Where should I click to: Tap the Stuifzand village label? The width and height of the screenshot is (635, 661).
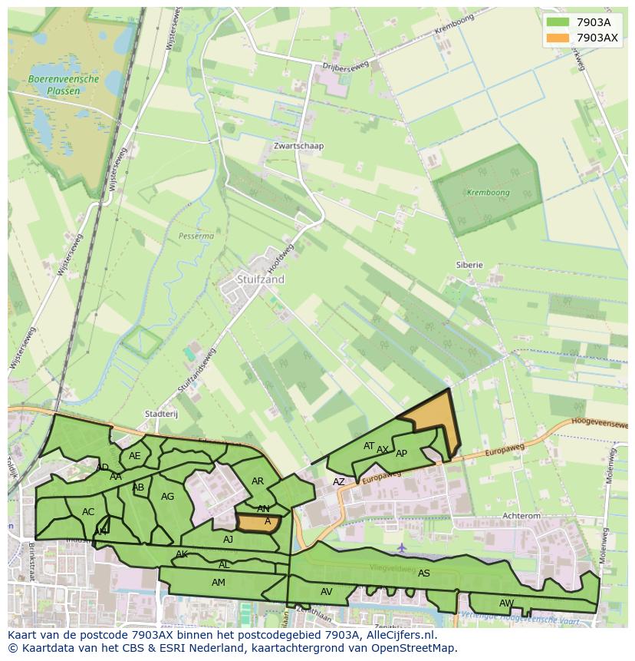(261, 279)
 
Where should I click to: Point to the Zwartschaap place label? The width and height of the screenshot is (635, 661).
(299, 146)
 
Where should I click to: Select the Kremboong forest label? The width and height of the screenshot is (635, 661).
(488, 192)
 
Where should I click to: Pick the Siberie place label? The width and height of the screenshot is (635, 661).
(469, 265)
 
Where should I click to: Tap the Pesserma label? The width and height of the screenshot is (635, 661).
(196, 236)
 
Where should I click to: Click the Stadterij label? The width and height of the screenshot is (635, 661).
(161, 414)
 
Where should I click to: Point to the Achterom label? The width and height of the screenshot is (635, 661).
(521, 517)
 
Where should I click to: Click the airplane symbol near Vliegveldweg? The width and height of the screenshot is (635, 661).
(402, 548)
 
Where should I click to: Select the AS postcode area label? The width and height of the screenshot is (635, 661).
(424, 573)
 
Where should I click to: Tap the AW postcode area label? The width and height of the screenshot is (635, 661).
(506, 603)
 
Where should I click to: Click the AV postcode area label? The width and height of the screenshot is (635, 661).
(327, 592)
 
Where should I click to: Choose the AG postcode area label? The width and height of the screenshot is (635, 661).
(168, 497)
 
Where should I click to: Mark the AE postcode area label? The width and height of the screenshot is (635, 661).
(135, 456)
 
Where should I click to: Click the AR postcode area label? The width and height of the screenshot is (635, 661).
(258, 481)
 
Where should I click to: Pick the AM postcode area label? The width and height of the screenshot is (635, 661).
(219, 583)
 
